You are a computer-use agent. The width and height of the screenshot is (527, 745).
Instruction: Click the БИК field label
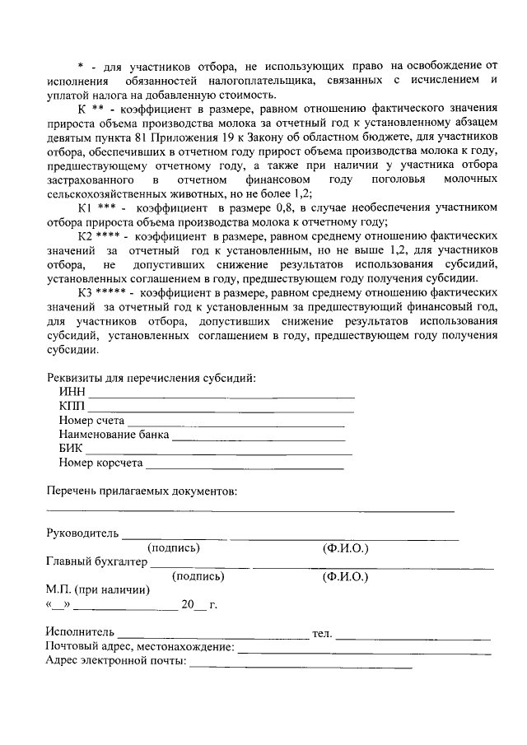(72, 449)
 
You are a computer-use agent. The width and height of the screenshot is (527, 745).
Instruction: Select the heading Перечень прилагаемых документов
(142, 491)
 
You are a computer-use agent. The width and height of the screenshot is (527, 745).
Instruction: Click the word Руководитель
(83, 533)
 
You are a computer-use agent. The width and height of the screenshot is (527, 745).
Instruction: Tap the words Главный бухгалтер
(97, 562)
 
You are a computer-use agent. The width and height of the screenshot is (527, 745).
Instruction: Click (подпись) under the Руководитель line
(174, 547)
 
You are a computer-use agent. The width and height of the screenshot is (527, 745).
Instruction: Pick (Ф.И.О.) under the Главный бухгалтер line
(345, 576)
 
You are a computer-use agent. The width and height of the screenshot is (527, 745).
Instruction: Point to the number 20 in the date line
(188, 605)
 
